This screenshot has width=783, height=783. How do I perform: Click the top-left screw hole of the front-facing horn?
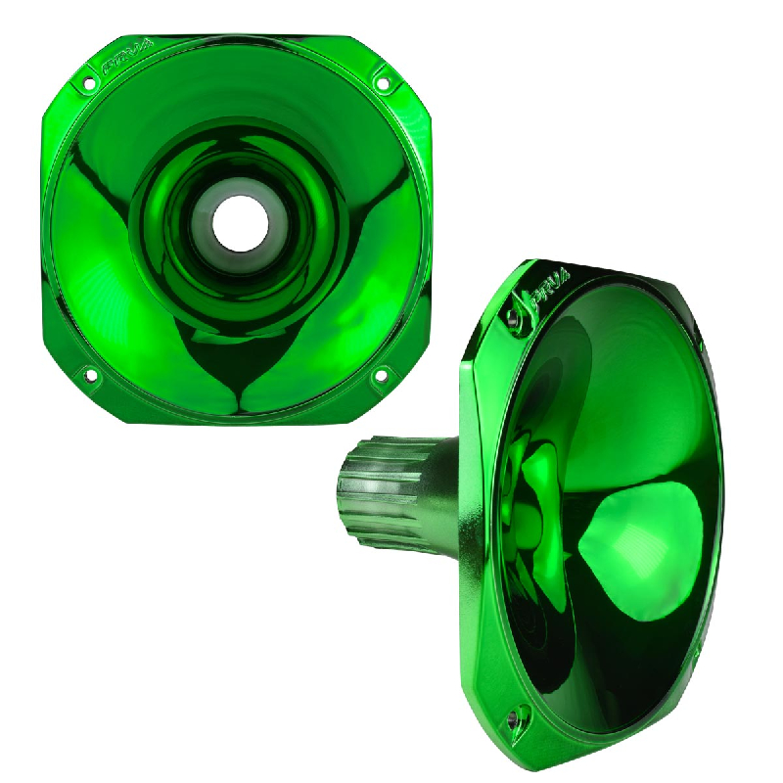(x=90, y=83)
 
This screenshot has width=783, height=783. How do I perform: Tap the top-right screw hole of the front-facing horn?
(x=383, y=83)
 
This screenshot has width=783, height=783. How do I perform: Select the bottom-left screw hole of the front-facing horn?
(x=90, y=374)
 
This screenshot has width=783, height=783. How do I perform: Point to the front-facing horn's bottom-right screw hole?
(x=383, y=373)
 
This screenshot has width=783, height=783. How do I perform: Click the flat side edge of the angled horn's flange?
(x=476, y=509)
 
